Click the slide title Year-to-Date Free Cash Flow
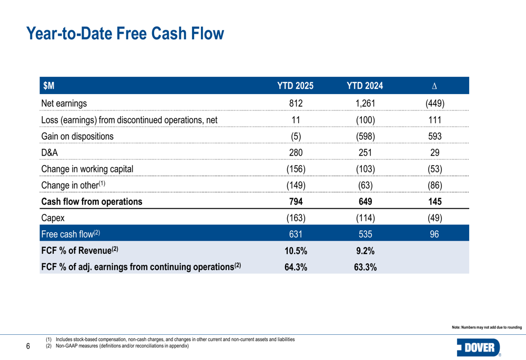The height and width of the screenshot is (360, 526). [x=125, y=34]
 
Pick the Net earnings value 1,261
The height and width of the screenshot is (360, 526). [x=365, y=103]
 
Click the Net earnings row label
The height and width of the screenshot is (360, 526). [x=64, y=103]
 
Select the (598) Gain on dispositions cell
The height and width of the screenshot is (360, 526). [x=365, y=136]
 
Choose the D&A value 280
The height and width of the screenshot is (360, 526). [x=296, y=152]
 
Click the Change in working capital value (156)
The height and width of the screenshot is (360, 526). [x=296, y=169]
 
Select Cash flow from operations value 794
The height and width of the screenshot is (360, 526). [x=296, y=201]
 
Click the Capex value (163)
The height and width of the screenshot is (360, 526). [x=296, y=218]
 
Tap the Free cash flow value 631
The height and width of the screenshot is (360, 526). [x=296, y=234]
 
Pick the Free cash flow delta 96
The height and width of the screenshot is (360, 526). [x=434, y=234]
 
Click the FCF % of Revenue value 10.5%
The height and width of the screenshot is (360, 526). [x=296, y=251]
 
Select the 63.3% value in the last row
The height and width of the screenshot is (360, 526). [x=365, y=267]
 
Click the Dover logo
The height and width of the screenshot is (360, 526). [x=479, y=347]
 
